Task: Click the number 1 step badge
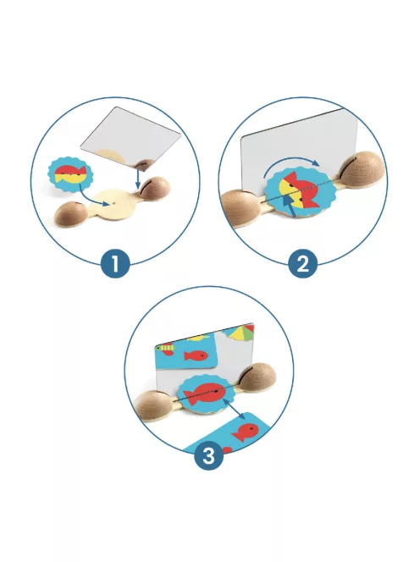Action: (x=115, y=264)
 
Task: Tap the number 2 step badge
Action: (x=303, y=264)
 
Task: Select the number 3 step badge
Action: (x=209, y=456)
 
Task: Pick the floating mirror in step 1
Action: (x=130, y=137)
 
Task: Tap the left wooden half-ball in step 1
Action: (x=72, y=215)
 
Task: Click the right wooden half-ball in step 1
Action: (x=155, y=188)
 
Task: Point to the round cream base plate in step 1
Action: (x=115, y=204)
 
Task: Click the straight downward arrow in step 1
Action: (x=138, y=177)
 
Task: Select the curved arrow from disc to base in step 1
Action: (x=90, y=200)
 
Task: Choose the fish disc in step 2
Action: (x=298, y=192)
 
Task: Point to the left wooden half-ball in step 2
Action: (x=239, y=207)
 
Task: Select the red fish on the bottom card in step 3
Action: (x=246, y=432)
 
